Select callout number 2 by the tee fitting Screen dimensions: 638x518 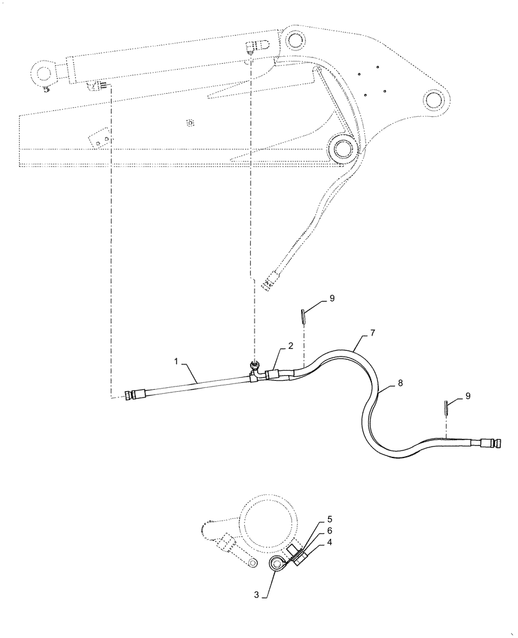[290, 345]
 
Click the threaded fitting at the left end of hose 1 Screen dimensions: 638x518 [135, 395]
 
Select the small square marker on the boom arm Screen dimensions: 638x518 [189, 122]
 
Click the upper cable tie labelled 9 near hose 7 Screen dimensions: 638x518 [304, 315]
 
